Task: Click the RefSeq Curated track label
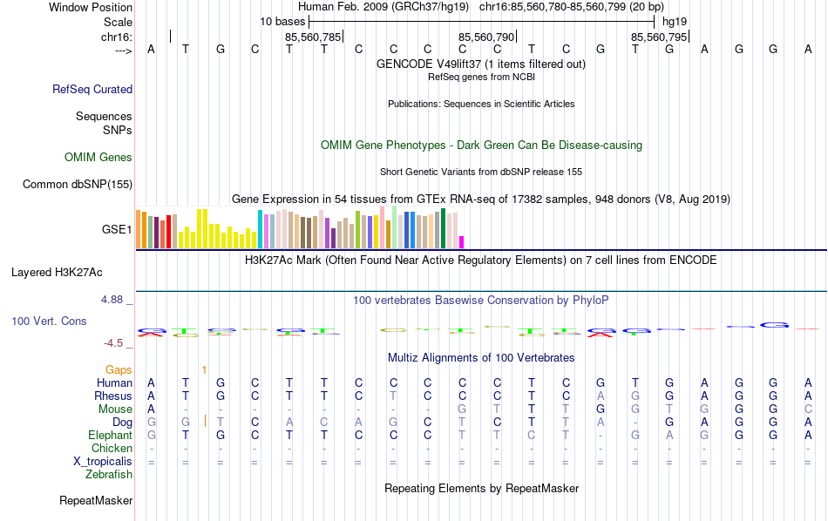[x=92, y=89]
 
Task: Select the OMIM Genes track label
[x=98, y=157]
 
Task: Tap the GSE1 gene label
[x=117, y=230]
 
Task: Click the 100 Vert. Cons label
[x=49, y=321]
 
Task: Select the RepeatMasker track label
[x=96, y=500]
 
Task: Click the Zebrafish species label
[x=109, y=475]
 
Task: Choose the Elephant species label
[x=110, y=435]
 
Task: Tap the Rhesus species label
[x=113, y=396]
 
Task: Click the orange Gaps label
[x=119, y=369]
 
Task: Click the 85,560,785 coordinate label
[x=313, y=37]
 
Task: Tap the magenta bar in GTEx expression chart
[x=462, y=242]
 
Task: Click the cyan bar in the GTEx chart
[x=260, y=229]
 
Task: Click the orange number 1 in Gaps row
[x=204, y=369]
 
